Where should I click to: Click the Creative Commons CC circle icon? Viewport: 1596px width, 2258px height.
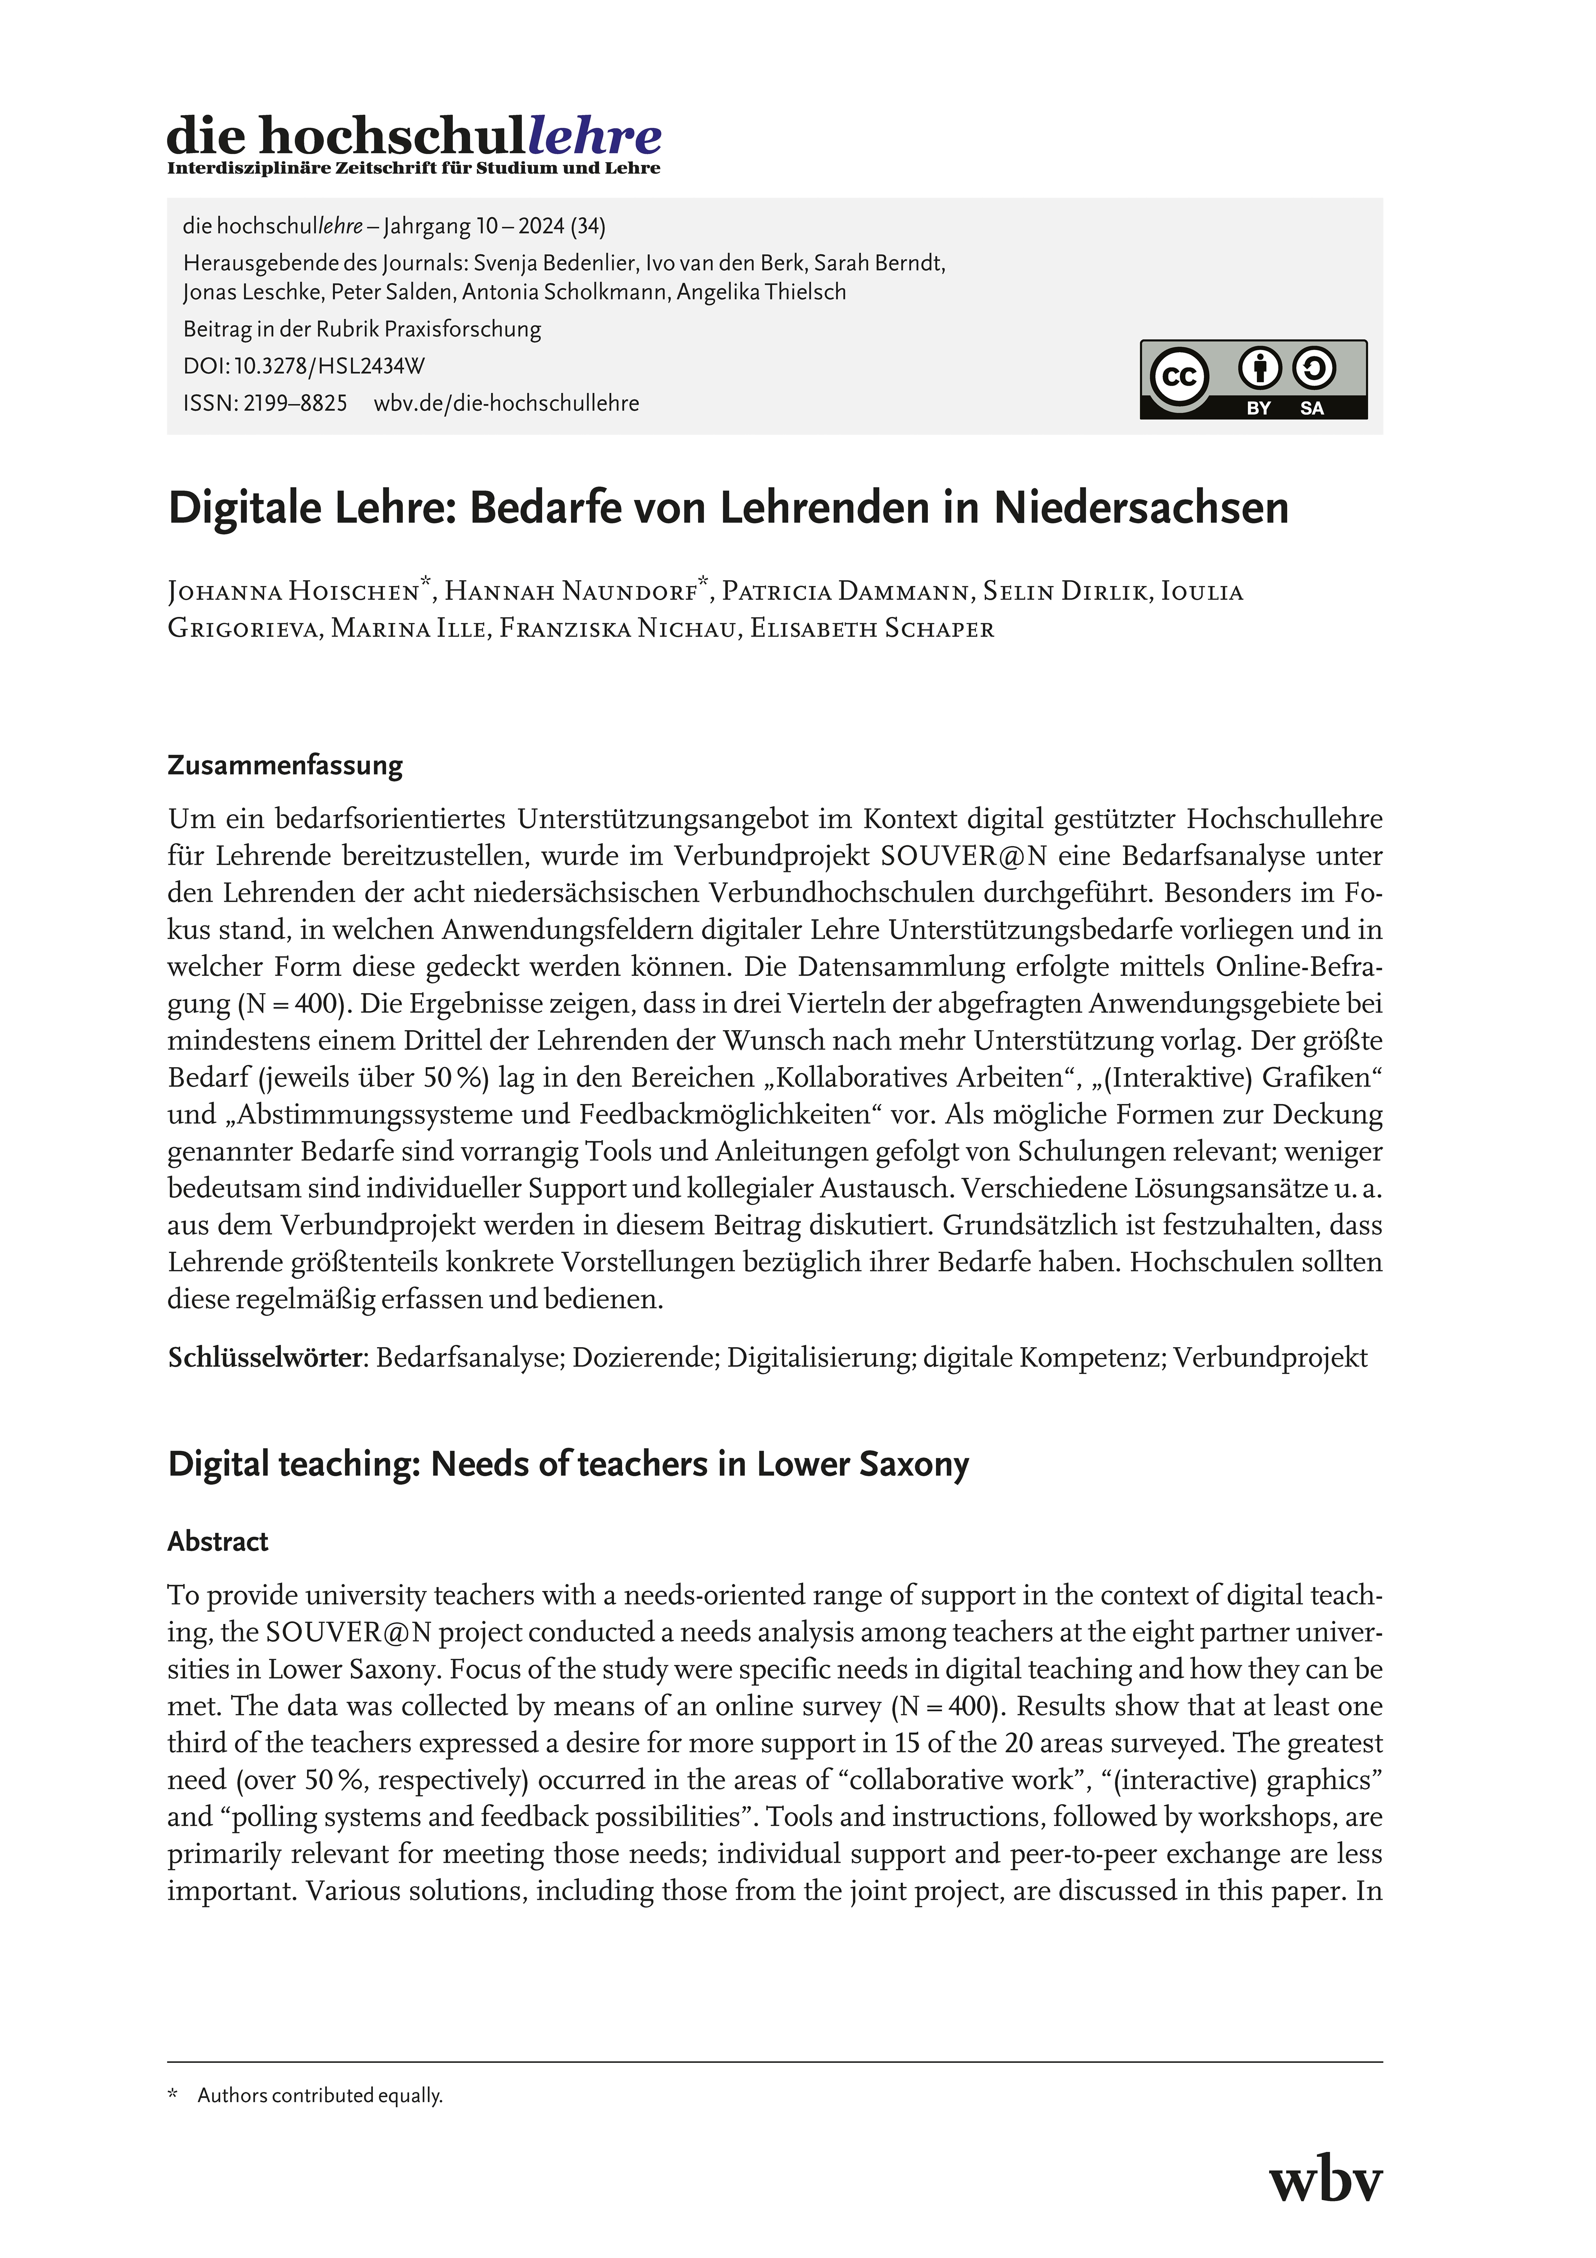point(1179,377)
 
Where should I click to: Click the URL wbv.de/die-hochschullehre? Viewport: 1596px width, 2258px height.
point(507,403)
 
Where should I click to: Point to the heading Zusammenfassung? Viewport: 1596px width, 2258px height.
point(285,766)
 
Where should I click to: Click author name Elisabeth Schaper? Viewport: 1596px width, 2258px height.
point(872,630)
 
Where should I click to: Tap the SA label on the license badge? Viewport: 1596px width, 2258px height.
point(1312,408)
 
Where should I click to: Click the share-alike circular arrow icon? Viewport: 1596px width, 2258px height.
point(1314,369)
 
